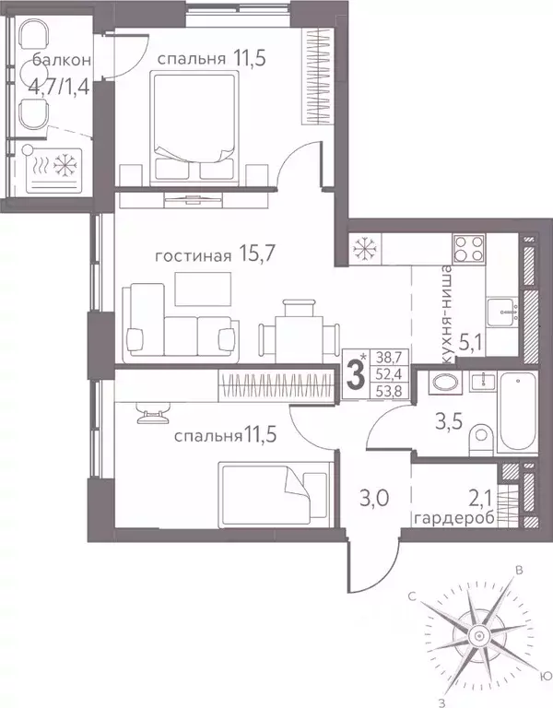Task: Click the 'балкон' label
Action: click(62, 61)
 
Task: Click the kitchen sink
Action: click(504, 312)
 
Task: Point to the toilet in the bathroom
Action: click(478, 438)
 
